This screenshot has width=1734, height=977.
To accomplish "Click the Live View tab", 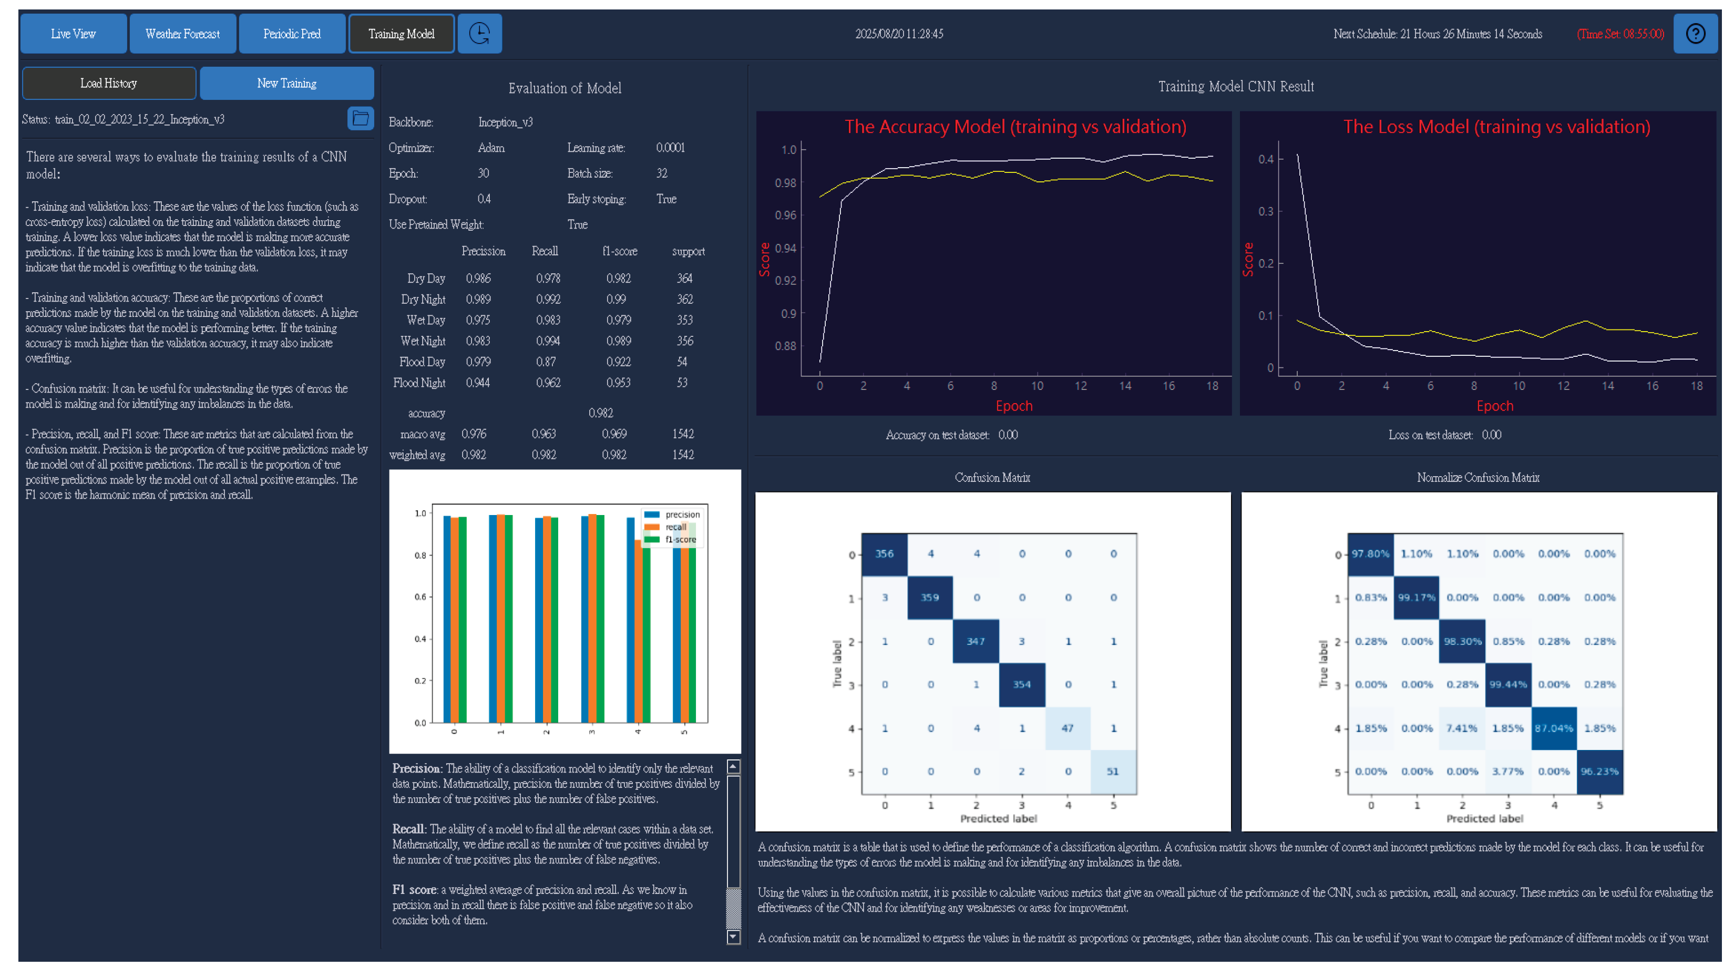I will [74, 34].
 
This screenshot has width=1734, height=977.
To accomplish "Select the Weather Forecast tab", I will [182, 34].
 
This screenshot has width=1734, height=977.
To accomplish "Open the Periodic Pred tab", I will [292, 34].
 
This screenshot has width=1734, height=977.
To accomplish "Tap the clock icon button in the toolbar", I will [479, 34].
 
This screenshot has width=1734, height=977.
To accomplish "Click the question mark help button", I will [1695, 34].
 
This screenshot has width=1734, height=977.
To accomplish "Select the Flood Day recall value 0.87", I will [546, 362].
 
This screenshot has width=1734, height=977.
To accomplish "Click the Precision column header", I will [484, 252].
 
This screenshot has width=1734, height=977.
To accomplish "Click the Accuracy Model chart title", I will [1015, 127].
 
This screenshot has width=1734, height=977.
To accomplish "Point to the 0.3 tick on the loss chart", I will [1266, 211].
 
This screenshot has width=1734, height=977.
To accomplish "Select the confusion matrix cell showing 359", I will [930, 598].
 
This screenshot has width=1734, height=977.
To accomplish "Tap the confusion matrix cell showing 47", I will [1067, 728].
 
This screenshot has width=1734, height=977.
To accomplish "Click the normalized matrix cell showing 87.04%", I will [1553, 728].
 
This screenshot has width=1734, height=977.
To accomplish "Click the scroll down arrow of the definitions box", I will [734, 937].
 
